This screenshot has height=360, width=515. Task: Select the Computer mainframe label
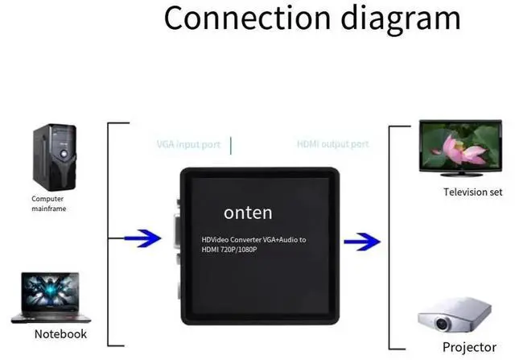(48, 204)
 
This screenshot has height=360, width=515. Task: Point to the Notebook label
(60, 333)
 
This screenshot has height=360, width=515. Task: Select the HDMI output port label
(333, 145)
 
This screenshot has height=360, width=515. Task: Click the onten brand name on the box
(248, 213)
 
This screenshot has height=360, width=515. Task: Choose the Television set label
(472, 192)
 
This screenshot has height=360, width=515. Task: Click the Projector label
(468, 347)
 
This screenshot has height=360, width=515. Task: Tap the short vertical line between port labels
(231, 145)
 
